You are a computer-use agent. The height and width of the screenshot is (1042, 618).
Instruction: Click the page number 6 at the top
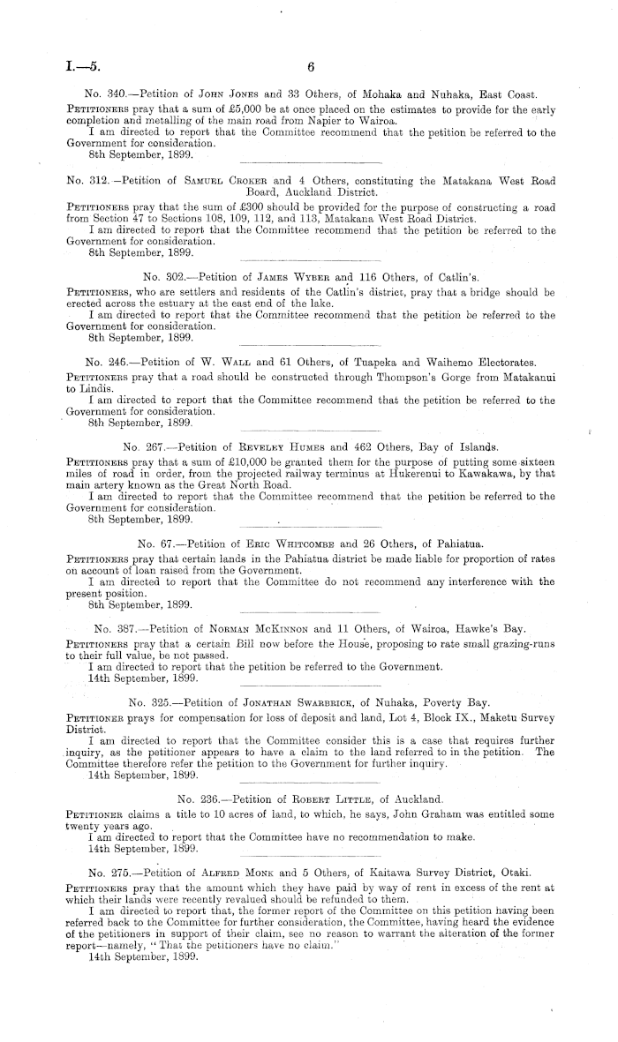click(x=311, y=66)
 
